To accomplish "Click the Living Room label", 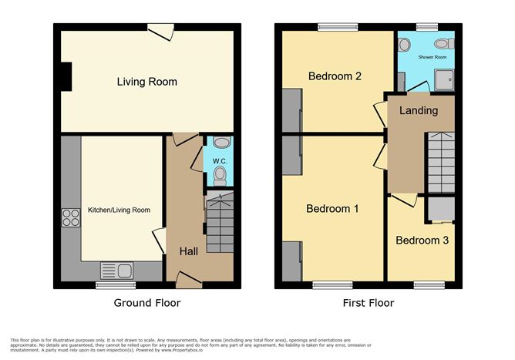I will tap(146, 82).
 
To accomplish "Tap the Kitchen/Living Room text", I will tap(119, 210).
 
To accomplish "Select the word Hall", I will tap(190, 251).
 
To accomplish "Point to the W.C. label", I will tap(218, 161).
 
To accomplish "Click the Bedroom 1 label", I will tap(332, 209).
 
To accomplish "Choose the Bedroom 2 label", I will tap(335, 76).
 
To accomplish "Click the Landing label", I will tap(419, 110).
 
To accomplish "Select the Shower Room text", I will tap(433, 57).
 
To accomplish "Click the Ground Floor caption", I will tap(146, 303).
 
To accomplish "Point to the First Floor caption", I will tap(369, 303).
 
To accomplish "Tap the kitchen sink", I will tap(117, 270).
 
